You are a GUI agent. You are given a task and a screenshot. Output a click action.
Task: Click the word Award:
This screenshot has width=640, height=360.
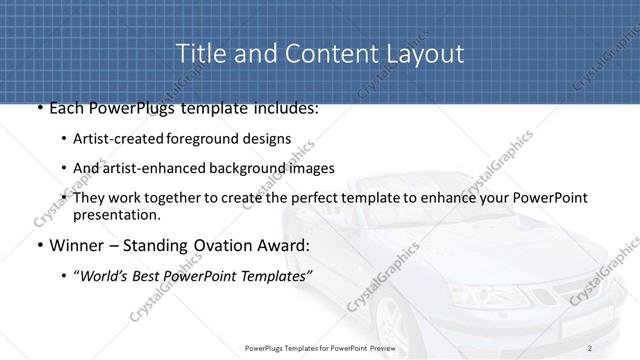click(x=289, y=245)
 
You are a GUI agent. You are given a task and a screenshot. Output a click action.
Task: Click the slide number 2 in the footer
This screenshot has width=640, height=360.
click(x=590, y=348)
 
